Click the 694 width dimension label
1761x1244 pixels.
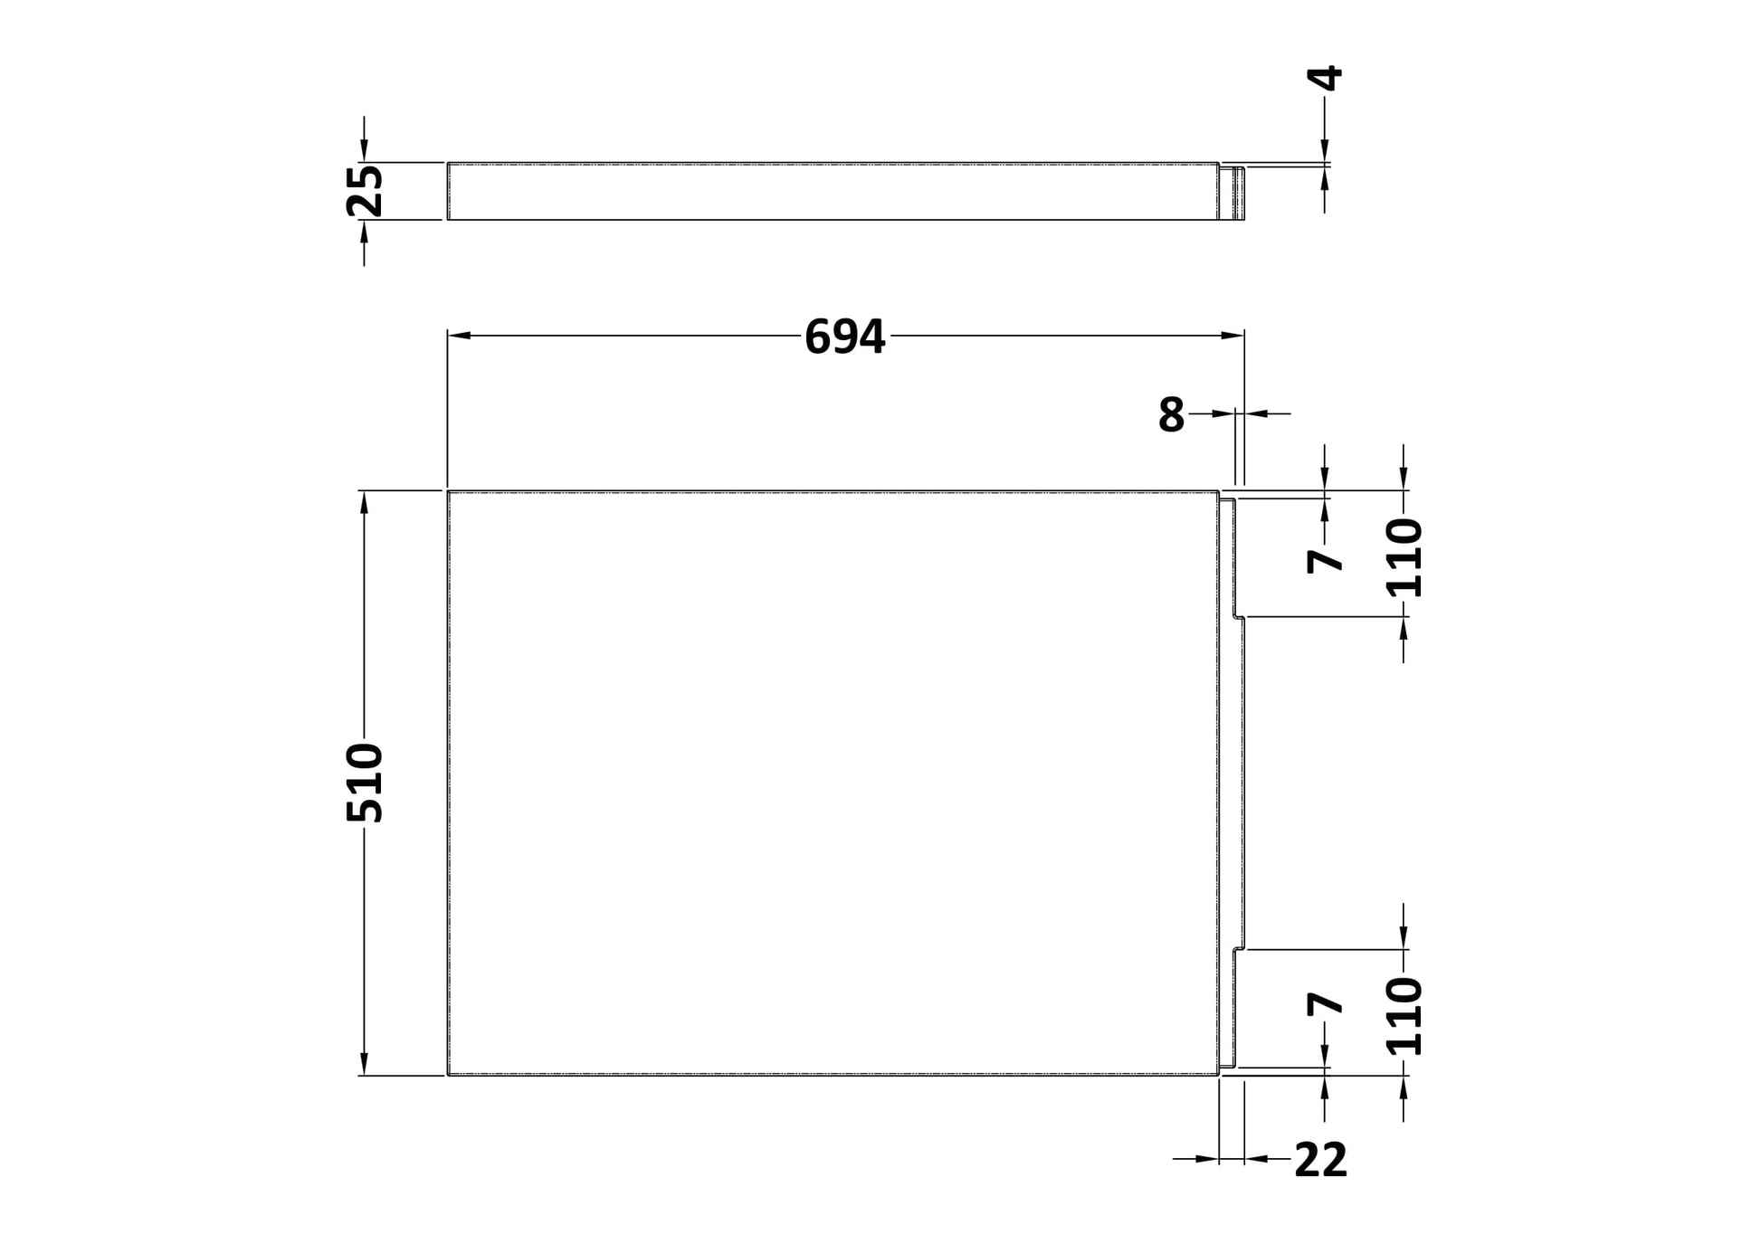point(844,337)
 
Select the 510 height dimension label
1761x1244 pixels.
point(366,783)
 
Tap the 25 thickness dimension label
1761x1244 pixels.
point(366,191)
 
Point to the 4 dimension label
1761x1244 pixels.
point(1326,78)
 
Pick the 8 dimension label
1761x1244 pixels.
point(1171,415)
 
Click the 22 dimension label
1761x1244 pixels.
point(1320,1160)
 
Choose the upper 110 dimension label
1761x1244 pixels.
point(1404,557)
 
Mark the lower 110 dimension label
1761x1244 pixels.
point(1404,1016)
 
